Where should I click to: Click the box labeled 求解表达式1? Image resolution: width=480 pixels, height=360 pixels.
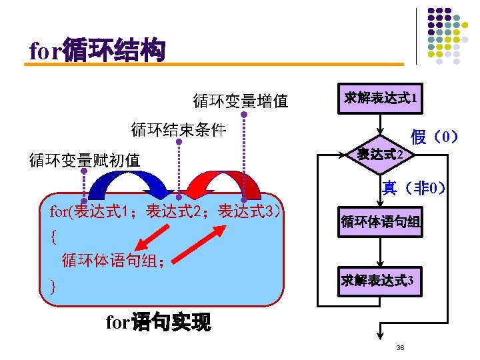pos(381,99)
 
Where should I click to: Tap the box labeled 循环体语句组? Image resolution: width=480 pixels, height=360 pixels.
pos(381,221)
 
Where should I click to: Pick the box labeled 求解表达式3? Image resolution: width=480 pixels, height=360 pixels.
pos(381,281)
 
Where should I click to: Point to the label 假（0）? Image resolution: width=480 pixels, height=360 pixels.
pos(435,138)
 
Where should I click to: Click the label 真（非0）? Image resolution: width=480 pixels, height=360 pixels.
pos(413,187)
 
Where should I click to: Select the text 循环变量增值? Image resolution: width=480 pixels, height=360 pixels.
pos(240,101)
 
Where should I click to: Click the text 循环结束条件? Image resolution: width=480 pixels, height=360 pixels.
pos(179,129)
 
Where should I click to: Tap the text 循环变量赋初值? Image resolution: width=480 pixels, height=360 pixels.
pos(84,160)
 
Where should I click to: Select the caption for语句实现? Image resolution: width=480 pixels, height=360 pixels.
pos(159,323)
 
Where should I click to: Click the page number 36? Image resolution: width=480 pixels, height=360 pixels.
pos(400,348)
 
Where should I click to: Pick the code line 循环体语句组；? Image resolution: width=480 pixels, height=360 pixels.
pos(113,260)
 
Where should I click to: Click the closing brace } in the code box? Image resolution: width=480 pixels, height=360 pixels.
pos(53,287)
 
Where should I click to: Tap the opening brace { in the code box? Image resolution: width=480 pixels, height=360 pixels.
pos(53,236)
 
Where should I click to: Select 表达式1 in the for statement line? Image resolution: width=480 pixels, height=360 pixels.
pos(100,213)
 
